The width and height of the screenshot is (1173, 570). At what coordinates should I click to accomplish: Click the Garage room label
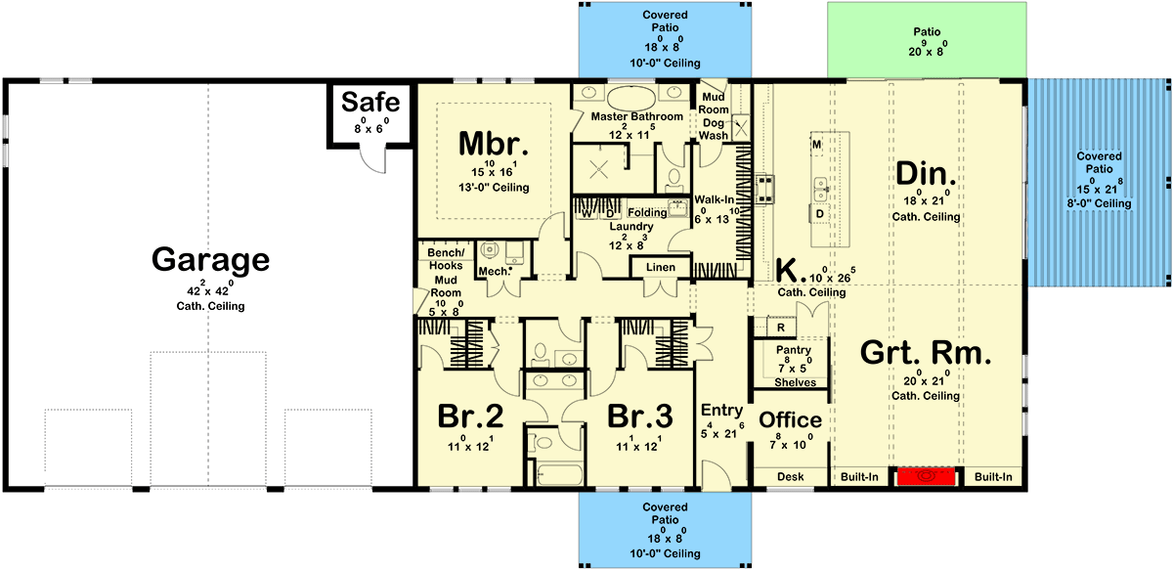pyautogui.click(x=209, y=260)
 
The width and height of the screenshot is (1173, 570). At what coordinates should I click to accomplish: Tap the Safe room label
pyautogui.click(x=369, y=103)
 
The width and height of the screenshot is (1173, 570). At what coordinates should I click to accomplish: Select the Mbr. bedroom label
pyautogui.click(x=494, y=146)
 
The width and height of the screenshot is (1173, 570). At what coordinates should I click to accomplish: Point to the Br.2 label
pyautogui.click(x=469, y=417)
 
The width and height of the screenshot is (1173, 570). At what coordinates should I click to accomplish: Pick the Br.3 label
pyautogui.click(x=639, y=417)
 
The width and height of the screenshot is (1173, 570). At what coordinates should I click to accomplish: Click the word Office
pyautogui.click(x=790, y=419)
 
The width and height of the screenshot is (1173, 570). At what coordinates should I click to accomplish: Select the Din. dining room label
pyautogui.click(x=925, y=174)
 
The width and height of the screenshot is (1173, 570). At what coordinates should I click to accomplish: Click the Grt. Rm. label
pyautogui.click(x=925, y=352)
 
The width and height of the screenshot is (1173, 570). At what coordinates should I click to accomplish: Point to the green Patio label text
pyautogui.click(x=927, y=32)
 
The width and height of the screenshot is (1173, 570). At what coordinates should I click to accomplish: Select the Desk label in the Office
pyautogui.click(x=790, y=477)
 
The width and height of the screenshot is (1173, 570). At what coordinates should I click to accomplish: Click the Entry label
pyautogui.click(x=722, y=411)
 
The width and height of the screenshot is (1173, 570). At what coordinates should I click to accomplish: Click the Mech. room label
pyautogui.click(x=491, y=272)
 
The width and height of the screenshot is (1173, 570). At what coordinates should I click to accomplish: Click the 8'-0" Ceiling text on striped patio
pyautogui.click(x=1099, y=203)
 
